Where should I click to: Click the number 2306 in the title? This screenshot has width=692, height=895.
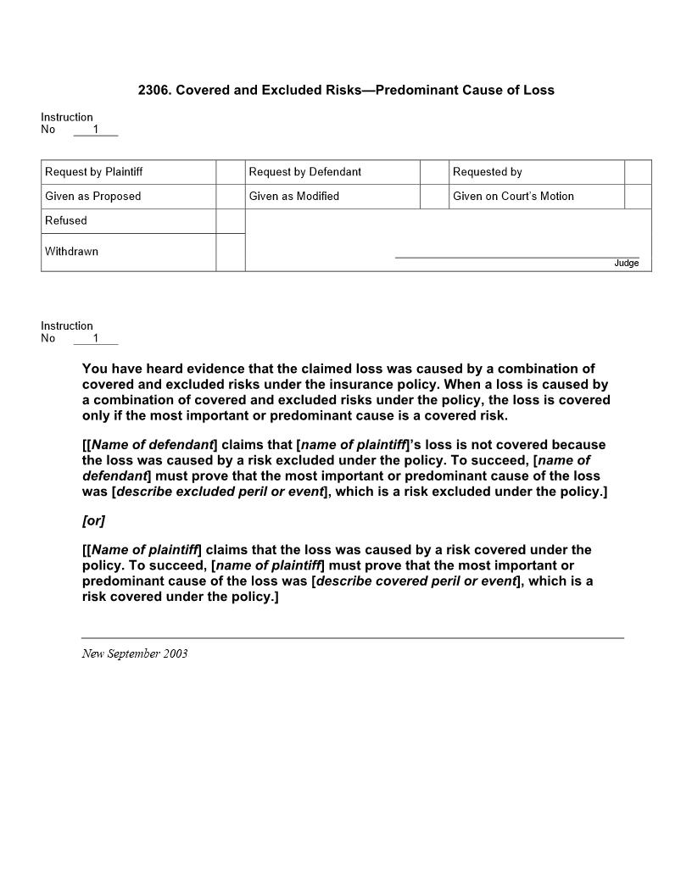pos(153,90)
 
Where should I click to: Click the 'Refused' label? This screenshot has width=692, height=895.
pos(66,221)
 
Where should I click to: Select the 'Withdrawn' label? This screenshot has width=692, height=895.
pos(71,252)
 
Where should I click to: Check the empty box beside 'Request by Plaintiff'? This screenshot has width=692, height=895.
pos(231,172)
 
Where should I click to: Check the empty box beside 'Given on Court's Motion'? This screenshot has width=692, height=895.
pos(638,197)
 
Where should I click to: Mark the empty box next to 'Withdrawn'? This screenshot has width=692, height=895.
pos(231,253)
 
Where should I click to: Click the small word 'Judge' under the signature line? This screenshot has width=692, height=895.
pos(626,264)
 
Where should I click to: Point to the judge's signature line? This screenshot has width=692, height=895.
pos(516,256)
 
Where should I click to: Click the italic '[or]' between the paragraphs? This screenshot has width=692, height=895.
pos(93,520)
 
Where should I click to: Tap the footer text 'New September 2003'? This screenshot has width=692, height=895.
pos(135,653)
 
